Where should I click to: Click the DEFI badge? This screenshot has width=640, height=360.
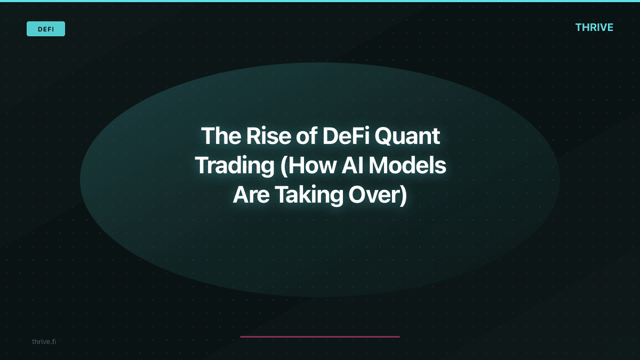[46, 29]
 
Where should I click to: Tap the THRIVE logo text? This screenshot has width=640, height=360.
[594, 28]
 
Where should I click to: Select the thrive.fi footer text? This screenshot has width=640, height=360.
[44, 341]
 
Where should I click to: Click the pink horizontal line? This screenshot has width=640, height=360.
[320, 337]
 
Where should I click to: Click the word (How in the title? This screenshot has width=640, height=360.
[303, 166]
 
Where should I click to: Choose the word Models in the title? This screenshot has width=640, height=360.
[407, 166]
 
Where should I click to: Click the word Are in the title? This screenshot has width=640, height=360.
[251, 195]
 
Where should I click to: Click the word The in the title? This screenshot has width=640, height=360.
[219, 137]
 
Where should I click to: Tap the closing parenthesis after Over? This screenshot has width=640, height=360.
[403, 195]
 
